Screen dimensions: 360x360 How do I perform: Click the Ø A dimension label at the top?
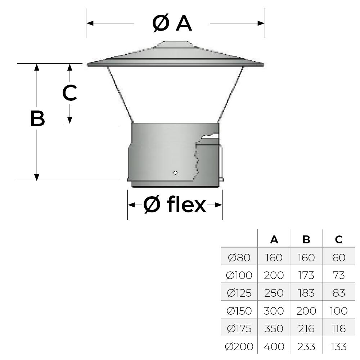(x=172, y=23)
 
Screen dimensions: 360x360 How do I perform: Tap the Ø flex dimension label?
(x=175, y=205)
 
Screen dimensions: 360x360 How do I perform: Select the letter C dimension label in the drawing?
(x=69, y=93)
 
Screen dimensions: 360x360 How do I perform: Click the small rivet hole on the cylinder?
(x=175, y=172)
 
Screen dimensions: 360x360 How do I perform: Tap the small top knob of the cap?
(x=175, y=44)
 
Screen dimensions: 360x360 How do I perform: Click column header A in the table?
(x=274, y=240)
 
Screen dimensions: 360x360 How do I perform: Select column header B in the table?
(x=306, y=240)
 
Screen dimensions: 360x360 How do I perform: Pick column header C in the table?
(x=338, y=240)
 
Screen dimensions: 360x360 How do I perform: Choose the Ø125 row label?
(x=239, y=293)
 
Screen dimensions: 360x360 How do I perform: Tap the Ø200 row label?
(x=239, y=347)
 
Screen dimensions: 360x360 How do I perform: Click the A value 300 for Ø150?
(x=274, y=311)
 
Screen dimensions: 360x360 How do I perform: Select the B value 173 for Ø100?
(x=306, y=275)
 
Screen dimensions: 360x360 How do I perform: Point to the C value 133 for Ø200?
(x=338, y=347)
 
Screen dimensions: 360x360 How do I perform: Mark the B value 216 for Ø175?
(x=306, y=329)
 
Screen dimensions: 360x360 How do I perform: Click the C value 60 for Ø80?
(x=338, y=258)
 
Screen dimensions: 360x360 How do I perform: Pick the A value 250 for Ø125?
(x=274, y=293)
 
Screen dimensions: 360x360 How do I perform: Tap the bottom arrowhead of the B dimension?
(x=36, y=177)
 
